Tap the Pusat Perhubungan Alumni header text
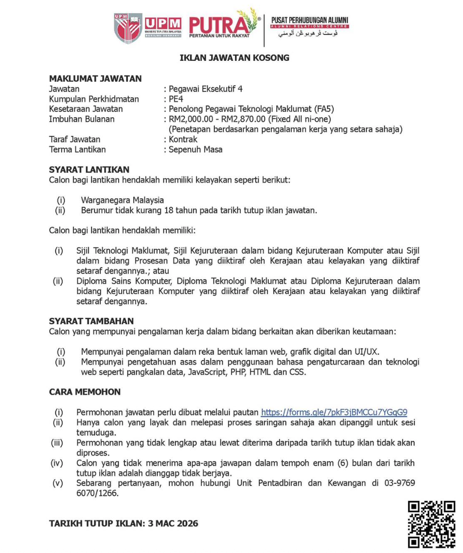coord(310,22)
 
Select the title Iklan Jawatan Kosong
coord(234,57)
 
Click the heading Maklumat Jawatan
coord(95,78)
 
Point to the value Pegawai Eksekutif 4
coord(205,89)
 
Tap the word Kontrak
coord(183,139)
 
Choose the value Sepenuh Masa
coord(196,149)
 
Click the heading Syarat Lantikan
coord(89,169)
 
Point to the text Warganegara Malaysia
coord(123,200)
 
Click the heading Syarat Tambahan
coord(91,321)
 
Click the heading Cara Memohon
coord(85,392)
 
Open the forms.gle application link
coord(334,412)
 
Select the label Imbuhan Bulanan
coord(82,119)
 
